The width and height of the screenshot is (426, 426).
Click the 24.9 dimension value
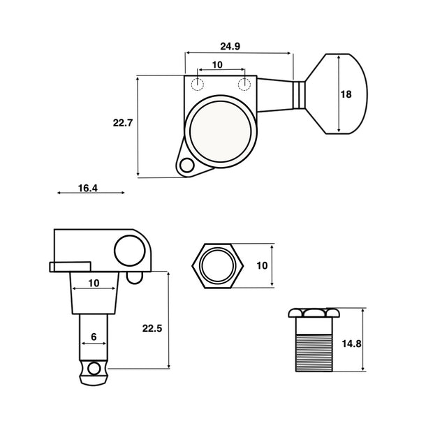pyautogui.click(x=230, y=47)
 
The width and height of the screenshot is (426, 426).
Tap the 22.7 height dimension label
pyautogui.click(x=122, y=122)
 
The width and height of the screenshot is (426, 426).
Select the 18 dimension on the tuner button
pyautogui.click(x=346, y=95)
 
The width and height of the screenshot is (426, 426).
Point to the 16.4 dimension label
pyautogui.click(x=88, y=188)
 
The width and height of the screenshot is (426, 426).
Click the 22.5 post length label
pyautogui.click(x=152, y=328)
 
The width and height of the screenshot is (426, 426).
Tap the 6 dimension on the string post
pyautogui.click(x=93, y=337)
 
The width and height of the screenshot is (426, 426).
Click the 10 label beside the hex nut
pyautogui.click(x=262, y=265)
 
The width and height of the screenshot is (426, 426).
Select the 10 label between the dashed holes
pyautogui.click(x=217, y=65)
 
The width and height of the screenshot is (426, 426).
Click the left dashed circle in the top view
pyautogui.click(x=198, y=85)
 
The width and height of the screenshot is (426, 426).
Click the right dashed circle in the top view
pyautogui.click(x=244, y=85)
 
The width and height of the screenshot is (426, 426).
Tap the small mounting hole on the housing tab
pyautogui.click(x=186, y=166)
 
